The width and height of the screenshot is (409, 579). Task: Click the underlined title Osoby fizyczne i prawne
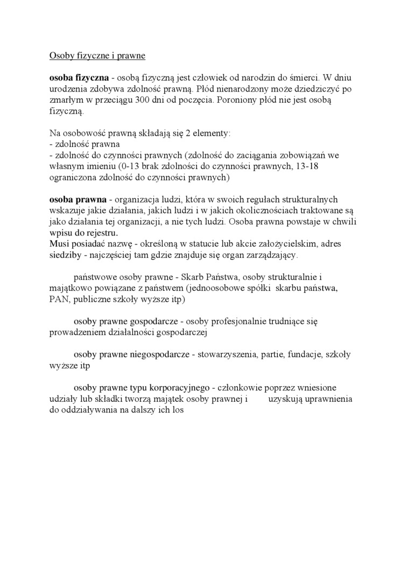(97, 55)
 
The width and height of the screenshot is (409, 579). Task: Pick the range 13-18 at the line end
(307, 166)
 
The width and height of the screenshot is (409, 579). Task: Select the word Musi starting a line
(58, 244)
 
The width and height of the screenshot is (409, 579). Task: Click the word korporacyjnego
(173, 388)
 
